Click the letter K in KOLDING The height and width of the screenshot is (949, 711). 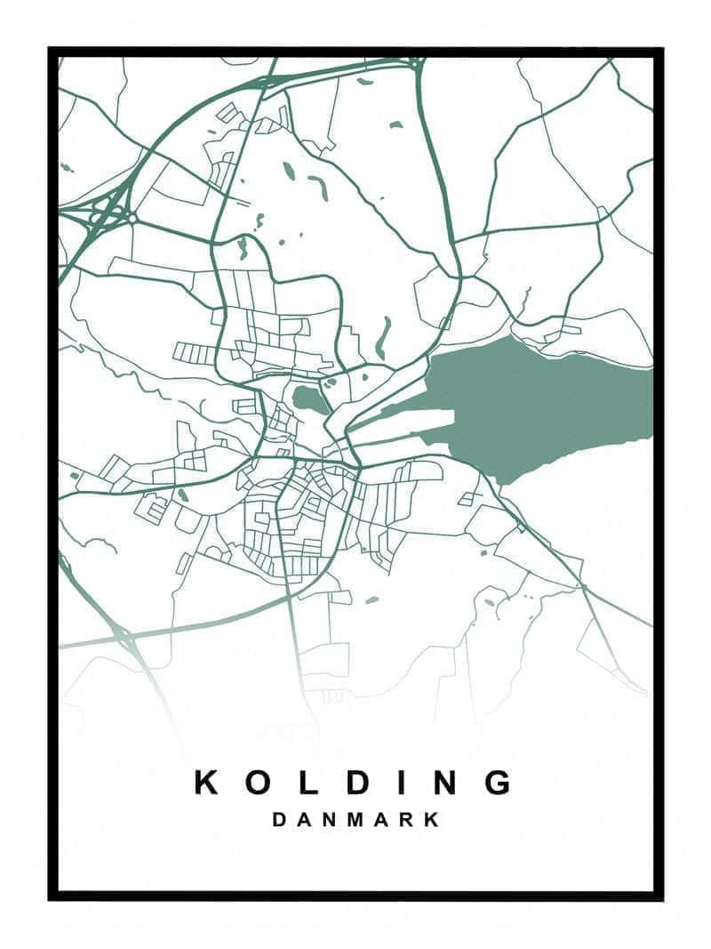(x=207, y=782)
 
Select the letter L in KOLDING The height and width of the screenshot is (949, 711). (x=305, y=782)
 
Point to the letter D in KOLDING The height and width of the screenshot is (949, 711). (x=354, y=782)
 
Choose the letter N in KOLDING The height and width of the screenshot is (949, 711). (x=444, y=782)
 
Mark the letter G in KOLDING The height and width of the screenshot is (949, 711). (x=499, y=782)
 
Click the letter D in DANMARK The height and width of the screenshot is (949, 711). (x=280, y=819)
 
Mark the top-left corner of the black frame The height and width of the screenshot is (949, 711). (x=52, y=52)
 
